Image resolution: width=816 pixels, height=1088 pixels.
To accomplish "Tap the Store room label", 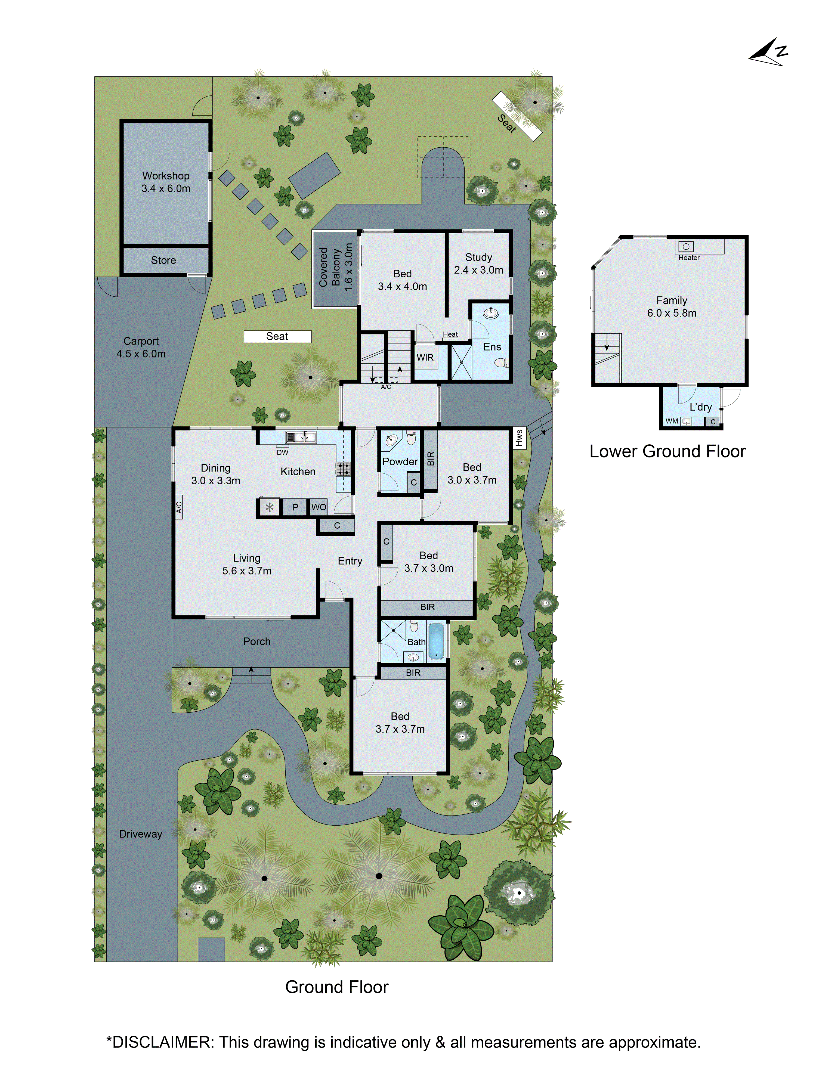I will (163, 260).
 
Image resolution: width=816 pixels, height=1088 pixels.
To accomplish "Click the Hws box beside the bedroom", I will (519, 438).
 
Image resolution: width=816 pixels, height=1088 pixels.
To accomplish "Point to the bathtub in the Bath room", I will (436, 641).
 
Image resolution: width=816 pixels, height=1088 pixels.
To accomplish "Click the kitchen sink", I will (301, 437).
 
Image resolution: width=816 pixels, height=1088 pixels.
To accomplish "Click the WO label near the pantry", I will (319, 507).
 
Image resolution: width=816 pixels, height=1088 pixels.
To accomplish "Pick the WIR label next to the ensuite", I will (425, 358).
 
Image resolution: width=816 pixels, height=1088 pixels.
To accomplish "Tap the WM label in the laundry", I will (671, 421).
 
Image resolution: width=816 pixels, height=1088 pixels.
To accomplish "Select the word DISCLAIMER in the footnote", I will (161, 1042).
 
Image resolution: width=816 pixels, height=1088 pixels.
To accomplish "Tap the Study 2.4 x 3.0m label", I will (478, 264).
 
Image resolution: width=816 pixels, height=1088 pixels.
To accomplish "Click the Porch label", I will (257, 641).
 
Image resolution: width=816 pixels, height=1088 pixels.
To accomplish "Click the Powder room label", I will (400, 462).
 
